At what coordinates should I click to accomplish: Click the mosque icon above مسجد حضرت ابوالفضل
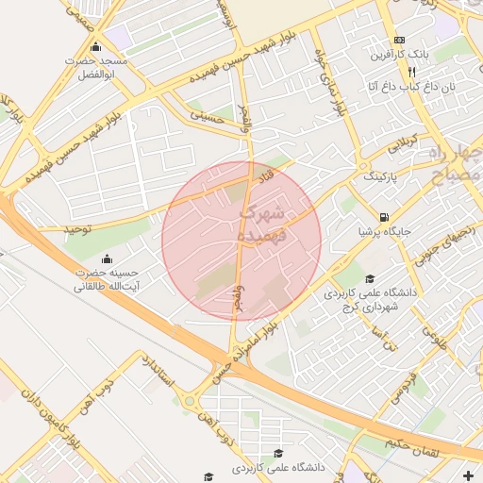94,48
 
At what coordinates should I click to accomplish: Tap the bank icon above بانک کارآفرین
400,41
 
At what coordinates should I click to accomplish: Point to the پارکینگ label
381,176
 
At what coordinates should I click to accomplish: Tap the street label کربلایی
395,142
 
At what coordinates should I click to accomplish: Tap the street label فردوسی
404,384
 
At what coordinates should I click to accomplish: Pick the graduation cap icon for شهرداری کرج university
371,278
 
